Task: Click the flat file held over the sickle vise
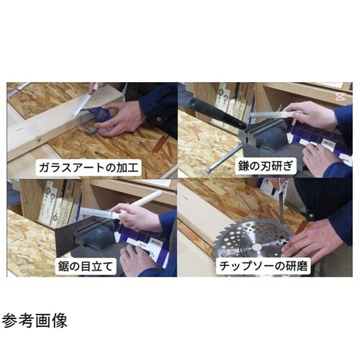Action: (270, 114)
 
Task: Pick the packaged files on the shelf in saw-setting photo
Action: (58, 202)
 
